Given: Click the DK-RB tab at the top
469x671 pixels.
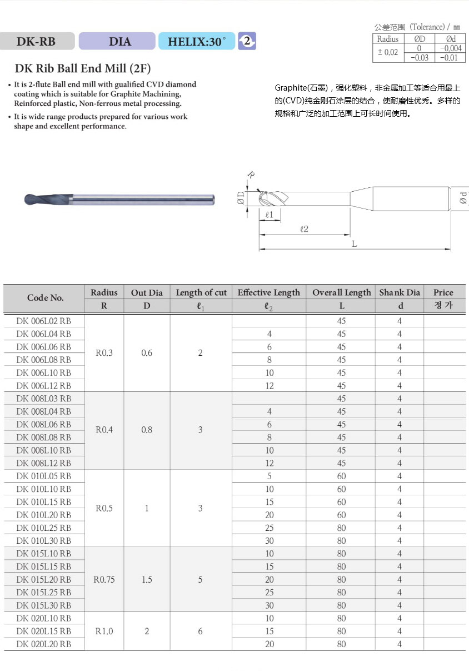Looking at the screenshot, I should (36, 41).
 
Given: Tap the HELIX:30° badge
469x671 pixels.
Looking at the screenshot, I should (197, 41).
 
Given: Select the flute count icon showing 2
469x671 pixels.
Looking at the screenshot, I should (247, 41).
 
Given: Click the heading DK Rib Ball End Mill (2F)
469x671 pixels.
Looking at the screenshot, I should (82, 69).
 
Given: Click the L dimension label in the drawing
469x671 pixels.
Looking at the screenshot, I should (354, 244).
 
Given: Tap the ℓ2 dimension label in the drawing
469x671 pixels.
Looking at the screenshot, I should (304, 228).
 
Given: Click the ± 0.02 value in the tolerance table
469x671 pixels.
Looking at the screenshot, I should (388, 52).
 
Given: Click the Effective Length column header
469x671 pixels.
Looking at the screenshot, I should (268, 292).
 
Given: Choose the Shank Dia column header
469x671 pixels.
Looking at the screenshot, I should (399, 292).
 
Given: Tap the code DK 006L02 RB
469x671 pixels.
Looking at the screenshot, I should (44, 321).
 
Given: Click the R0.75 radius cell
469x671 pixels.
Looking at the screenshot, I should (104, 579).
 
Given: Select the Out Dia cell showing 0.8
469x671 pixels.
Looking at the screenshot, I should (147, 430).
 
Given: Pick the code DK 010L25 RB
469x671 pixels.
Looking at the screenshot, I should (44, 528).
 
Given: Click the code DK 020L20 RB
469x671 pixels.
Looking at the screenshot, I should (44, 644).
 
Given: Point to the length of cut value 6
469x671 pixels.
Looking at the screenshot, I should (201, 631).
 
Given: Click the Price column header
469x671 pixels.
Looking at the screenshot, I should (443, 292).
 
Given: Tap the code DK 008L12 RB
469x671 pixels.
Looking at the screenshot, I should (44, 463).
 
